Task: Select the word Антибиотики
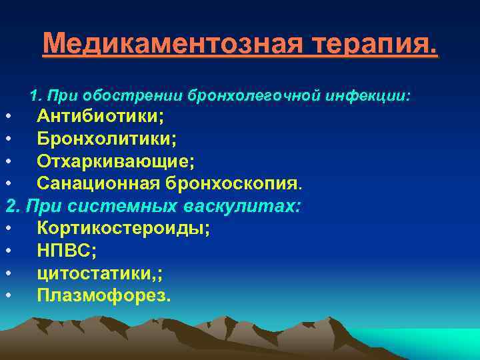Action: pyautogui.click(x=100, y=117)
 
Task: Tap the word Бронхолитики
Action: pyautogui.click(x=107, y=139)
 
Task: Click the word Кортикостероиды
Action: pyautogui.click(x=123, y=228)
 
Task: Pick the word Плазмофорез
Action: pyautogui.click(x=103, y=295)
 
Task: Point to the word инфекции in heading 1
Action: pyautogui.click(x=369, y=97)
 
